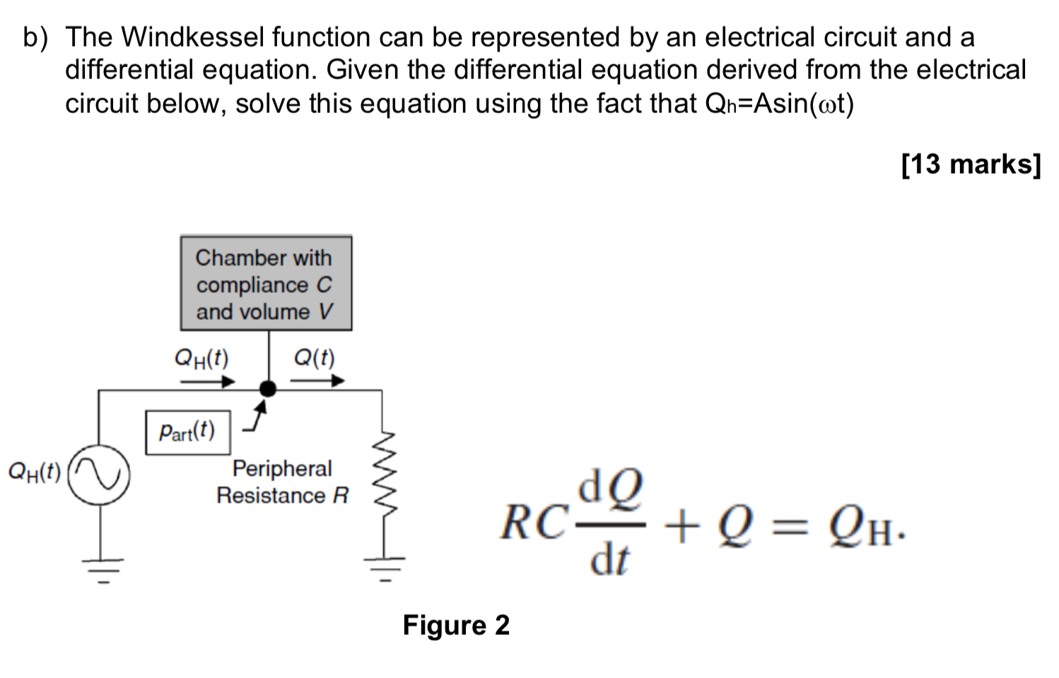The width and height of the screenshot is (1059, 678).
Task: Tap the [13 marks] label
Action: pyautogui.click(x=971, y=164)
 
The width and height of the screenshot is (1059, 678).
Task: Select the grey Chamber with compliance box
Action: pyautogui.click(x=266, y=283)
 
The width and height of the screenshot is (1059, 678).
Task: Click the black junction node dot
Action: pyautogui.click(x=268, y=388)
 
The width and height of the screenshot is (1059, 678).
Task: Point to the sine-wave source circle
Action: pyautogui.click(x=99, y=475)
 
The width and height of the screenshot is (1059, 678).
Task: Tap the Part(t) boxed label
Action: pyautogui.click(x=188, y=432)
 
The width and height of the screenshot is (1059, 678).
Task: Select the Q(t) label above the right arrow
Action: pyautogui.click(x=314, y=358)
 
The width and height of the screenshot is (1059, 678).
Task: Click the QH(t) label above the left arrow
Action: pyautogui.click(x=201, y=358)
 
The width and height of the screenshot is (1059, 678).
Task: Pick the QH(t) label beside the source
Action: pyautogui.click(x=34, y=471)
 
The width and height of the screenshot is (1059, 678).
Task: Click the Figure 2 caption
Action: pyautogui.click(x=456, y=625)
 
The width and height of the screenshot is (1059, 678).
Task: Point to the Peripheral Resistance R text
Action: pyautogui.click(x=282, y=482)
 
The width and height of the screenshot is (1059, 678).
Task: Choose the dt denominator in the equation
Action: pyautogui.click(x=609, y=560)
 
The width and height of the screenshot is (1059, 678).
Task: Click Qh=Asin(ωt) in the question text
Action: pyautogui.click(x=780, y=104)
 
